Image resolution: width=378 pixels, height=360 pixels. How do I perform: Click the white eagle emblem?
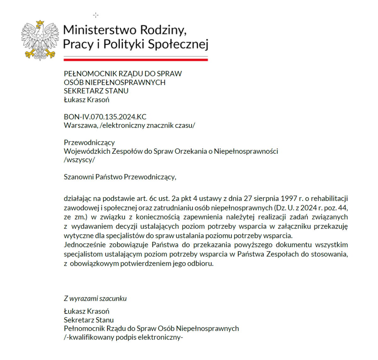coord(40,41)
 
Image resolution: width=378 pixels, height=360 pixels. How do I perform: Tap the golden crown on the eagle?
coord(40,23)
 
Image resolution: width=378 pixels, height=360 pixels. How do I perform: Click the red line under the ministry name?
coord(135,60)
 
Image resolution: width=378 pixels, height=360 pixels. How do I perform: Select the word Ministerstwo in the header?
coord(100,30)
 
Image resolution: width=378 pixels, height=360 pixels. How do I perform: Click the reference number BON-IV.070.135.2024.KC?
coord(105,117)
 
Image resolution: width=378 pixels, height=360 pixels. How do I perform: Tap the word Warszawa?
coord(81,125)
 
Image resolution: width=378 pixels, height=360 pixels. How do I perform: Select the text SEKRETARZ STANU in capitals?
coord(96,91)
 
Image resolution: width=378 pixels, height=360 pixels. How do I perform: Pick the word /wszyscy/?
coord(79,160)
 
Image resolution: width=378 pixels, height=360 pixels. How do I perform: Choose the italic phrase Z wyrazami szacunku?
coord(95,299)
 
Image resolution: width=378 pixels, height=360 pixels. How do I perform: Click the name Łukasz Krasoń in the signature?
coord(86,311)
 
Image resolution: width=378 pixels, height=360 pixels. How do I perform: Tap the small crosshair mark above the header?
coord(96,15)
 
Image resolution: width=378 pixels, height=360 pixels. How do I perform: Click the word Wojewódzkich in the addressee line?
coord(87,151)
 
